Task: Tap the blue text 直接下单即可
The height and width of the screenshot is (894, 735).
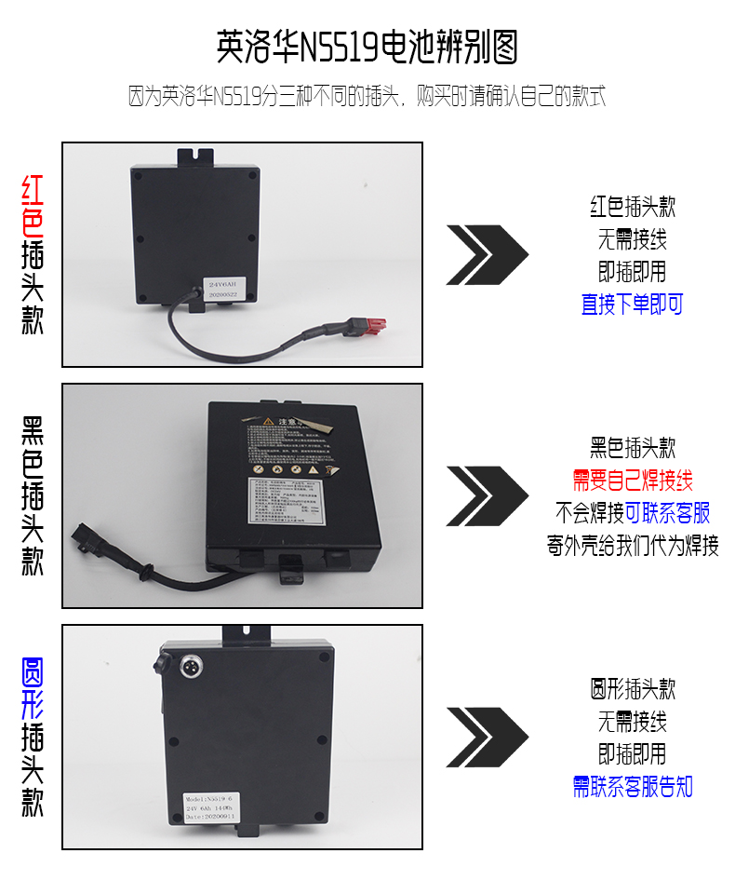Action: (632, 305)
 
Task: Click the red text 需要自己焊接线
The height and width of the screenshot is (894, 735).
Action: (632, 481)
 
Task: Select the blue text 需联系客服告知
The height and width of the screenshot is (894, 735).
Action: (632, 787)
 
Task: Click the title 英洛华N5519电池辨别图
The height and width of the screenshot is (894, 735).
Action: (367, 47)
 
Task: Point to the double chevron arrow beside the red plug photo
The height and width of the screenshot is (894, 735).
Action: (487, 253)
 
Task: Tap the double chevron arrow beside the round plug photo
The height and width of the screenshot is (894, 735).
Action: (487, 737)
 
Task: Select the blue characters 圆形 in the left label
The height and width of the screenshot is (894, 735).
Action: (33, 690)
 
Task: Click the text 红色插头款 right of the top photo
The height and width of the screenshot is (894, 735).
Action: (632, 207)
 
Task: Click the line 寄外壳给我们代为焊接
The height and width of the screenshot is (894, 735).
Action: (632, 545)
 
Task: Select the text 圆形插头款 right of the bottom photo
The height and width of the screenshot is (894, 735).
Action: (632, 689)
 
